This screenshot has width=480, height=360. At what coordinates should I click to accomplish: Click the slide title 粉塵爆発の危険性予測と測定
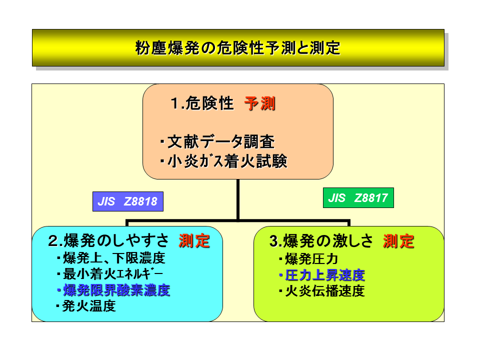(x=238, y=48)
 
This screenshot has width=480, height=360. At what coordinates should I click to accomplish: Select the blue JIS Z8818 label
(x=128, y=201)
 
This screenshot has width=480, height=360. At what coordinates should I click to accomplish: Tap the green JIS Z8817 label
(x=358, y=198)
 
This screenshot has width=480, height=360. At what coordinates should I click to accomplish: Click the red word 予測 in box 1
(x=260, y=103)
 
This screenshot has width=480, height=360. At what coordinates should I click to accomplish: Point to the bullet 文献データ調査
(x=217, y=141)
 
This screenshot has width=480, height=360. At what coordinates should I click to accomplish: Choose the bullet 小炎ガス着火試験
(x=223, y=161)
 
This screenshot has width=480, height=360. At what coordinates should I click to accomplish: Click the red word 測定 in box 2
(x=194, y=240)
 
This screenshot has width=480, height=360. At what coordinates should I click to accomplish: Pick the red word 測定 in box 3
(x=398, y=241)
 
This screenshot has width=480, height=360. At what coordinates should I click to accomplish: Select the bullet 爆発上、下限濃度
(x=111, y=258)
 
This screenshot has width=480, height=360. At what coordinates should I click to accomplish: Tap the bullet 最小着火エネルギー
(x=110, y=274)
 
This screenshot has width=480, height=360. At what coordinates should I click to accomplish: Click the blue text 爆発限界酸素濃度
(x=113, y=290)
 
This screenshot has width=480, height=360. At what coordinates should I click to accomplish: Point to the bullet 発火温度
(x=86, y=306)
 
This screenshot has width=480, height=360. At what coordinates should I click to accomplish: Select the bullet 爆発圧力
(x=308, y=259)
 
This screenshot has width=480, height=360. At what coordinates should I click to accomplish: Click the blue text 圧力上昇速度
(x=322, y=275)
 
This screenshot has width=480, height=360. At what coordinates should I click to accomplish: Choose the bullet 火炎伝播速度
(x=322, y=291)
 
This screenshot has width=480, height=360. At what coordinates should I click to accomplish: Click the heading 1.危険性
(x=202, y=103)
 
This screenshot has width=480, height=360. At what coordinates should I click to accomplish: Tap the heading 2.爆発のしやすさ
(x=108, y=240)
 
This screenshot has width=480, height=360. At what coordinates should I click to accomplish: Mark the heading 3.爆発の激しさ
(x=321, y=241)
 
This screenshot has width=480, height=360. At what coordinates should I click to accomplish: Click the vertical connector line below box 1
(x=238, y=199)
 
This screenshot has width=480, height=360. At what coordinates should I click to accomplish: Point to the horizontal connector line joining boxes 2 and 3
(x=238, y=220)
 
